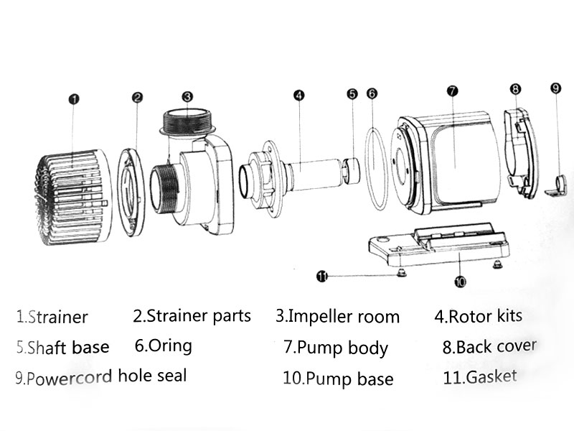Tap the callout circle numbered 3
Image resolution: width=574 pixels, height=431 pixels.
tap(187, 96)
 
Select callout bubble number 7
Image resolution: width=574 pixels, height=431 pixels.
tap(452, 91)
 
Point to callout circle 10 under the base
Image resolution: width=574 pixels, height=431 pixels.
tap(460, 281)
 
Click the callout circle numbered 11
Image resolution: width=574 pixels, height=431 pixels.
tap(323, 275)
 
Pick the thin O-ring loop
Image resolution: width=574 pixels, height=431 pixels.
tap(375, 170)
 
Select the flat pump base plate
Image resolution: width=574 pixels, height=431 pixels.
tap(438, 249)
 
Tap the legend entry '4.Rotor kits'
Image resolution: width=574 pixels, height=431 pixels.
tap(478, 315)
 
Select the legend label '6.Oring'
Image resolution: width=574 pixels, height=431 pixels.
tap(164, 346)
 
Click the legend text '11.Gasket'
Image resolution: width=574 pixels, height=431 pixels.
tap(480, 376)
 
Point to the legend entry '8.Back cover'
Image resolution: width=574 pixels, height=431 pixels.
tap(489, 348)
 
